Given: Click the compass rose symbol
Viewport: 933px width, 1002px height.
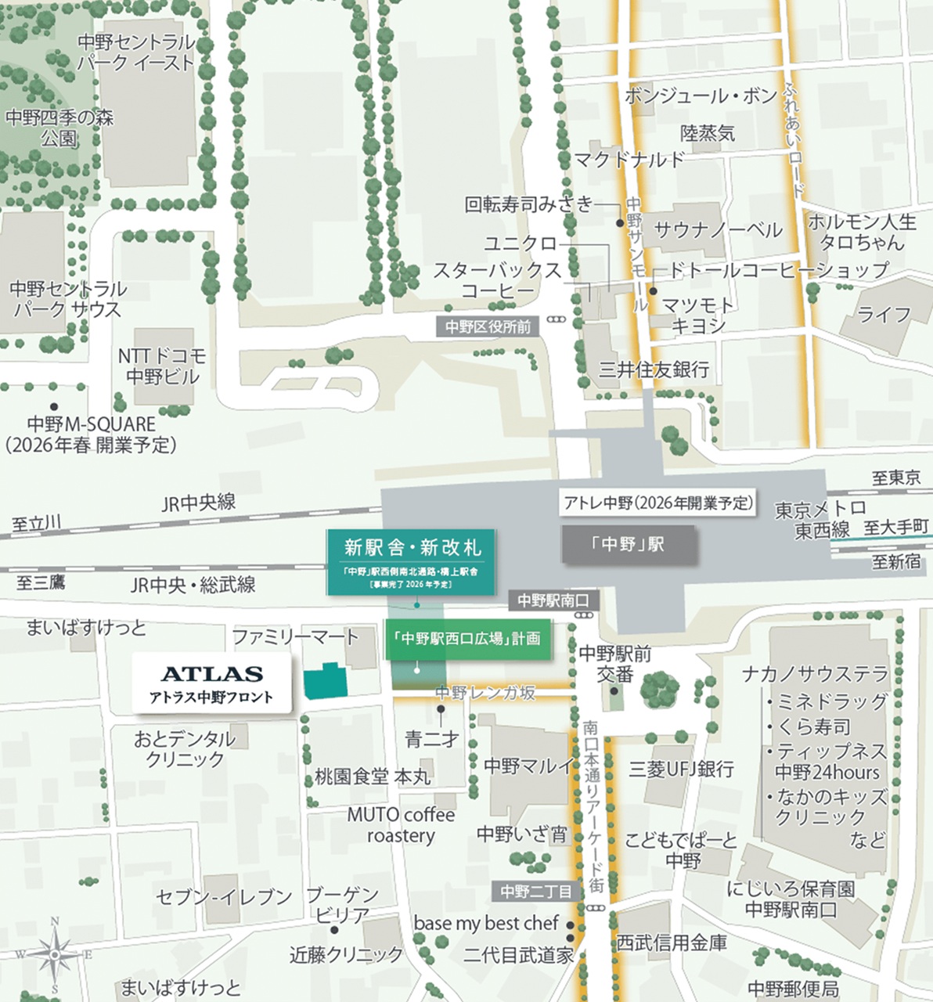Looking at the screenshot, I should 54,954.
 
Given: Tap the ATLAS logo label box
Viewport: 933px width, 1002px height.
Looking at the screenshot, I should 211,683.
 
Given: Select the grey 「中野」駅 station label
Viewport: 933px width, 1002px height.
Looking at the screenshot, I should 629,543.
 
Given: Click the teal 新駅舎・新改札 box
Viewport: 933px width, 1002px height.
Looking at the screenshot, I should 412,560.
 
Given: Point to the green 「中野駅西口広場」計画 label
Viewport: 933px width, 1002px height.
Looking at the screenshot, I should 467,639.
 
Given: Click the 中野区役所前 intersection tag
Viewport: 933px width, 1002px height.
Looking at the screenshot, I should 488,326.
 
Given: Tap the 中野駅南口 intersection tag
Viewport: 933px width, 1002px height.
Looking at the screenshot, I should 553,600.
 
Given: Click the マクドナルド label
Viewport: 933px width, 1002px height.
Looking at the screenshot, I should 629,160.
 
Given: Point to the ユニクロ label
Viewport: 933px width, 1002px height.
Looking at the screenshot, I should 520,243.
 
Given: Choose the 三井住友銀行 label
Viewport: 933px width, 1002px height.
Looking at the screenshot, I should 654,369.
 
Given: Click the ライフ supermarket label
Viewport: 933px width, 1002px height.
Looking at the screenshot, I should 884,315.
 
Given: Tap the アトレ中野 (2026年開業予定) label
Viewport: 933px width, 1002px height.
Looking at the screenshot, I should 657,503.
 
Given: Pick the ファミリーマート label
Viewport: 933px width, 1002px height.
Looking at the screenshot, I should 295,637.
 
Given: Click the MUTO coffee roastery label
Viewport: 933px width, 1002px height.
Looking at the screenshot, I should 401,825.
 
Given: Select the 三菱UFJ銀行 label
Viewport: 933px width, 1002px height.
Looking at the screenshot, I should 681,770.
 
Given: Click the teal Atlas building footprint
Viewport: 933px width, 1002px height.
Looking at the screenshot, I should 326,682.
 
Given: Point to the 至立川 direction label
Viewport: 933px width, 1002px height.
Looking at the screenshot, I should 37,523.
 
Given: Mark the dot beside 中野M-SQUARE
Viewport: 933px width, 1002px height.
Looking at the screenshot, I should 54,406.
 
